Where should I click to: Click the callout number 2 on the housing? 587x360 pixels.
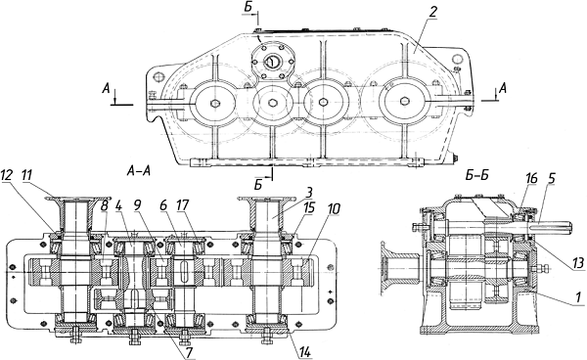[x=432, y=12]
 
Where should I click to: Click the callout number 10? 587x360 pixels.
[x=334, y=209]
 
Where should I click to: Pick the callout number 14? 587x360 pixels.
[x=305, y=352]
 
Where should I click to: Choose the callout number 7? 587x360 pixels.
[x=190, y=353]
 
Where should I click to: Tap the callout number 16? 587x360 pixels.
[x=530, y=178]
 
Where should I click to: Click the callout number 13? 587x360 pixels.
[x=578, y=263]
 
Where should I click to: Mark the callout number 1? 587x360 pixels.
[x=577, y=297]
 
